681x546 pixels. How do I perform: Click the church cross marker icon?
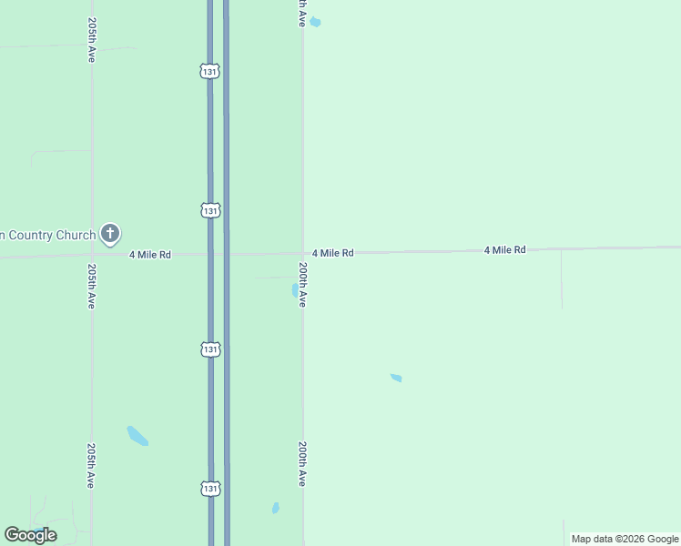[x=110, y=234]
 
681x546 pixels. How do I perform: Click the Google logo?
[x=31, y=535]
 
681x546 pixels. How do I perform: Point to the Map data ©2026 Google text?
[x=625, y=539]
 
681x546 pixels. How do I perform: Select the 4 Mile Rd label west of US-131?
[x=150, y=255]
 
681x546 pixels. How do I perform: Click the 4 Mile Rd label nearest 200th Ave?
[x=332, y=253]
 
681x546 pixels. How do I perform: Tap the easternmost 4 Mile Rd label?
[x=504, y=249]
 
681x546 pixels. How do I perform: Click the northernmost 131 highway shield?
[x=210, y=71]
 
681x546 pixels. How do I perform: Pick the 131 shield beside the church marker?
[x=210, y=210]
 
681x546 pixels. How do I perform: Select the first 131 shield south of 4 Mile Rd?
[x=210, y=349]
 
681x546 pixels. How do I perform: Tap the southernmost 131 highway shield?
[x=210, y=489]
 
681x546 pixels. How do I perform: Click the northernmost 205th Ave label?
[x=91, y=39]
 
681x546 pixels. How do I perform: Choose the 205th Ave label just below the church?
[x=91, y=287]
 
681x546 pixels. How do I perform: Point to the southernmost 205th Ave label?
[x=91, y=466]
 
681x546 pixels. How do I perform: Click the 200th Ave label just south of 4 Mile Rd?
[x=302, y=285]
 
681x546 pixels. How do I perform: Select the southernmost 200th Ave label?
[x=302, y=464]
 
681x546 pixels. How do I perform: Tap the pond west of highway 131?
[x=137, y=436]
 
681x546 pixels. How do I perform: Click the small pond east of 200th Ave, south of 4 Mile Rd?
[x=396, y=378]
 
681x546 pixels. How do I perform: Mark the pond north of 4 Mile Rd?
[x=315, y=22]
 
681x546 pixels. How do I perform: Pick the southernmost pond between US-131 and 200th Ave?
[x=276, y=508]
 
